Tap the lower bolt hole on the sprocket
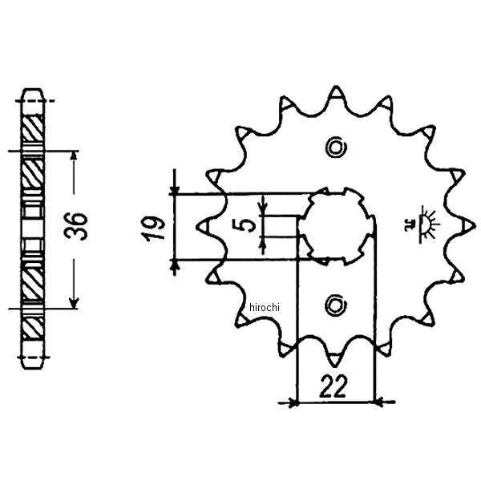335,303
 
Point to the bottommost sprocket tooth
335,357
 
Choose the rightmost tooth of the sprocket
464,225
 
